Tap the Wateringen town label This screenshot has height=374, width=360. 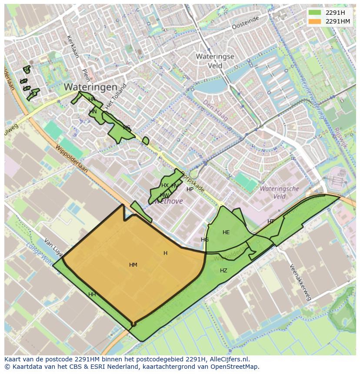point(90,87)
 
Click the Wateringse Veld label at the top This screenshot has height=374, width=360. point(215,61)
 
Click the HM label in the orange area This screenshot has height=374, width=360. point(133,265)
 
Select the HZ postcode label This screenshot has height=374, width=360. point(223,271)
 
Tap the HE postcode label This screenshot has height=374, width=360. point(226,232)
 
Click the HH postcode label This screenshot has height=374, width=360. point(92,295)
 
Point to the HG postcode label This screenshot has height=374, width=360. point(205,240)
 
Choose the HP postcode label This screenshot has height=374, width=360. point(190,189)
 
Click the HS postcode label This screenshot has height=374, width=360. point(127,128)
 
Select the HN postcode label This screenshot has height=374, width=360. point(93,112)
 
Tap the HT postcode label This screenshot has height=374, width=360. point(271,222)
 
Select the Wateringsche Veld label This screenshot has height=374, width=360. point(279,192)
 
